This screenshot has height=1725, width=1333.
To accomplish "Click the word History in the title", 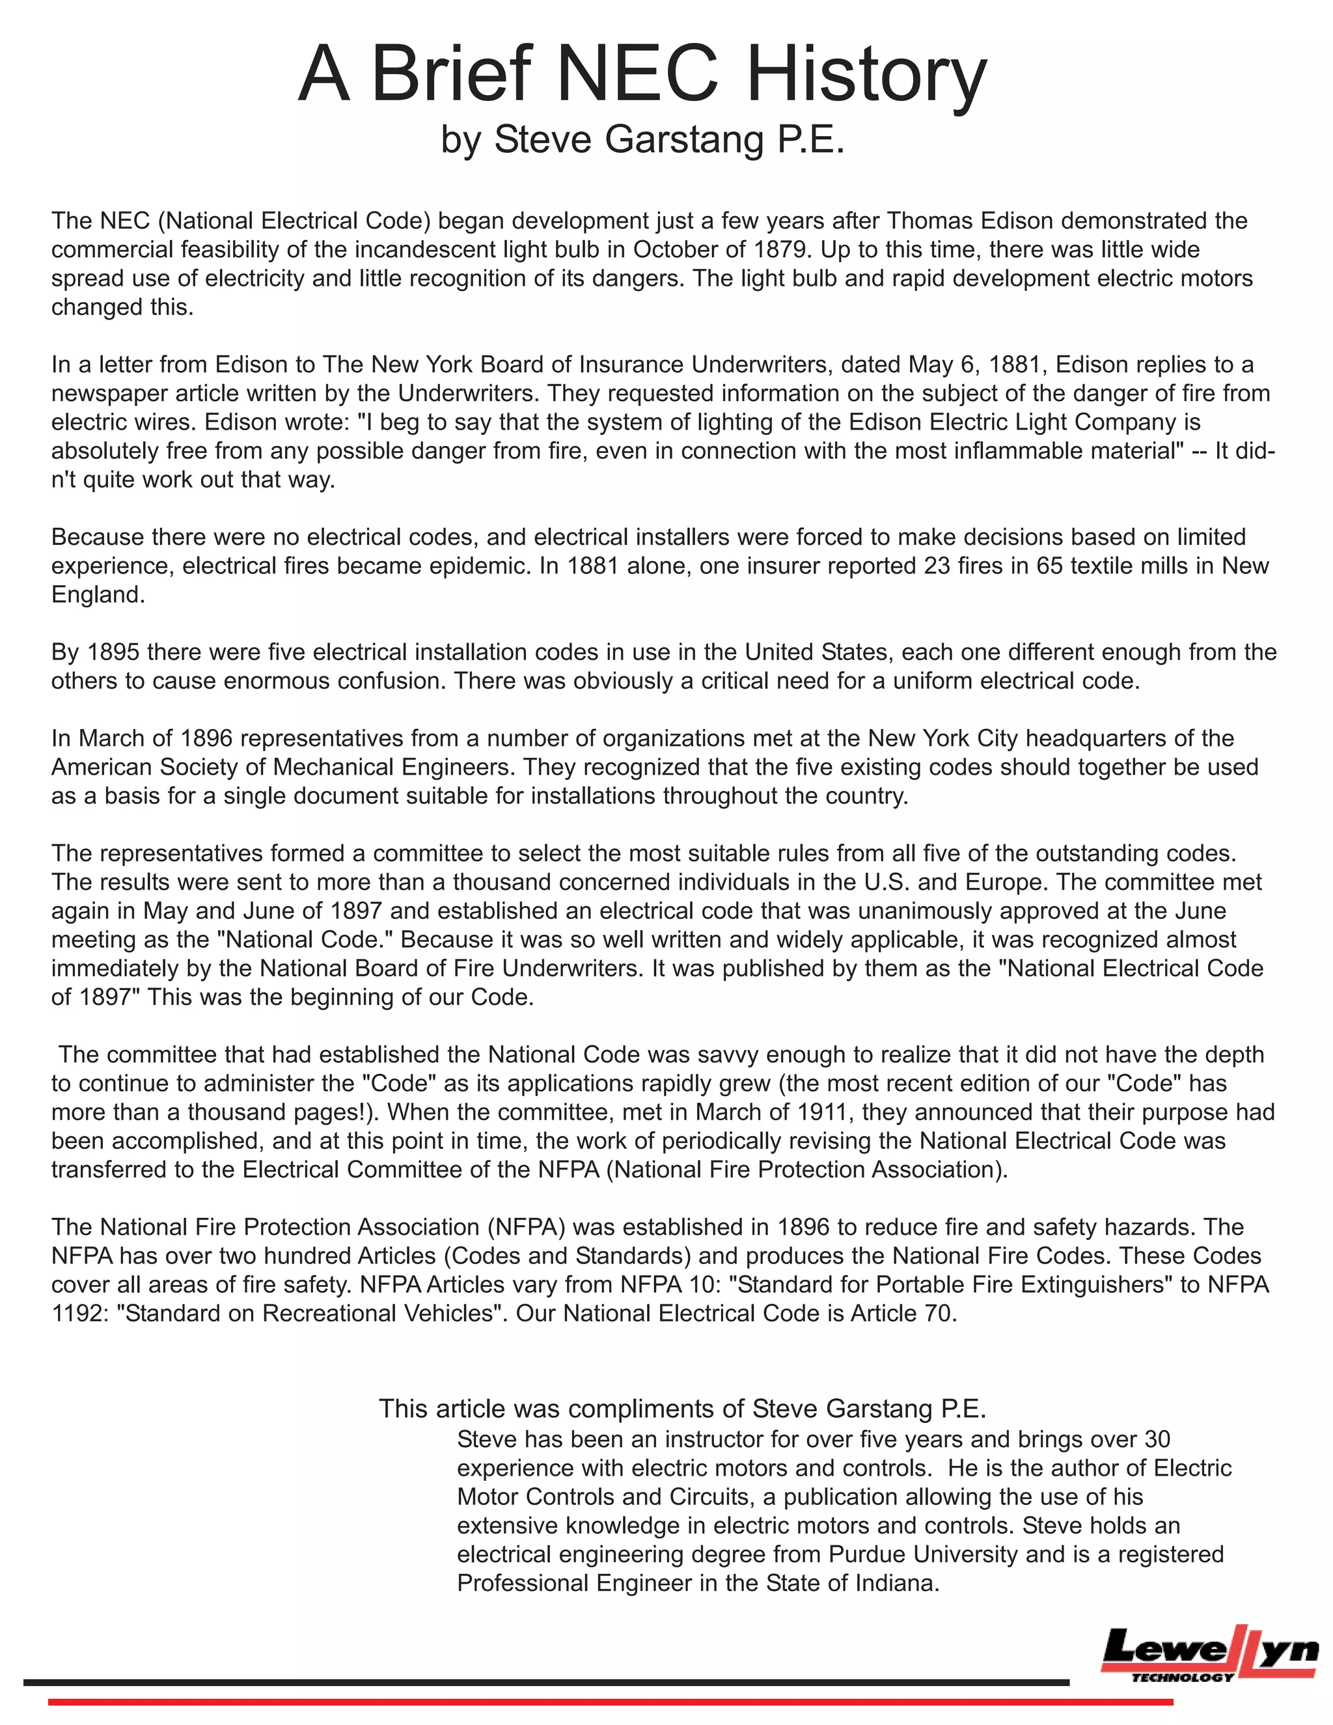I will click(866, 75).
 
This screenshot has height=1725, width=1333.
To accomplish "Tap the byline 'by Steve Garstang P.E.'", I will click(643, 139).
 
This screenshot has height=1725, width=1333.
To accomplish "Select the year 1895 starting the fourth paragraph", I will click(112, 652).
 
